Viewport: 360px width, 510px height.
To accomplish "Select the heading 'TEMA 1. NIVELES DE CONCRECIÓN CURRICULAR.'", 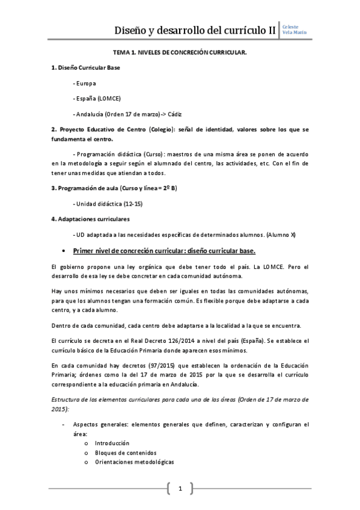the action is [180, 53].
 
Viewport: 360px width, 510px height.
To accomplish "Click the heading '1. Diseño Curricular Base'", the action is [86, 68].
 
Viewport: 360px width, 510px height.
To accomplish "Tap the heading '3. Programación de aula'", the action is [85, 188].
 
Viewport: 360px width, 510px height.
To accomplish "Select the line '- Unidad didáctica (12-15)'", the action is [107, 203].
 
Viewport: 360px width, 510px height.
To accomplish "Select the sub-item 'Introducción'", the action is [112, 443].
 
